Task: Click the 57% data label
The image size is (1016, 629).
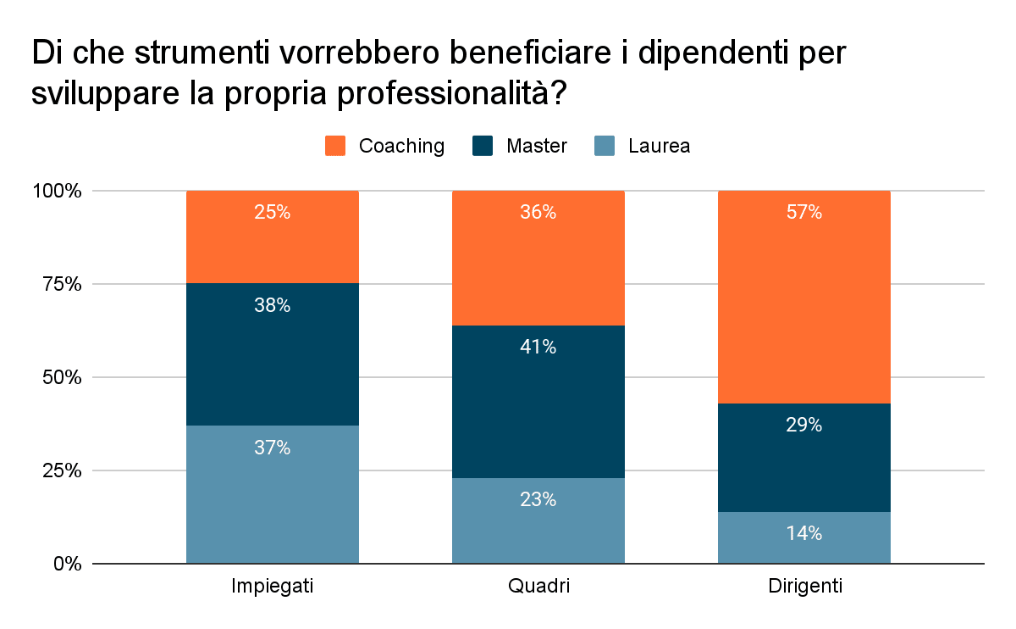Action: click(x=803, y=213)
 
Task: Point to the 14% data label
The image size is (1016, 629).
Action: click(x=803, y=533)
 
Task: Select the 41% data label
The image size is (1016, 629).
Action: click(x=538, y=347)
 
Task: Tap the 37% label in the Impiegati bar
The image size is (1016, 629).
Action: click(x=272, y=448)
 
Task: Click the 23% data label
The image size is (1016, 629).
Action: click(x=538, y=499)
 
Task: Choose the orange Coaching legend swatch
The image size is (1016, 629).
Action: click(x=335, y=146)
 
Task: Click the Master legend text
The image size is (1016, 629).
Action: click(x=536, y=146)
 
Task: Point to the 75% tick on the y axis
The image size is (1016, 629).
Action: click(x=58, y=284)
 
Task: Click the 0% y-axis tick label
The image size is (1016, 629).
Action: click(x=64, y=564)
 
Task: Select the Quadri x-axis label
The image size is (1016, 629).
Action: click(x=538, y=587)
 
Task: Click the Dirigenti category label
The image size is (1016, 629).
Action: click(x=804, y=587)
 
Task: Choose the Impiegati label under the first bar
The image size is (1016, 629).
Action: click(x=272, y=587)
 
